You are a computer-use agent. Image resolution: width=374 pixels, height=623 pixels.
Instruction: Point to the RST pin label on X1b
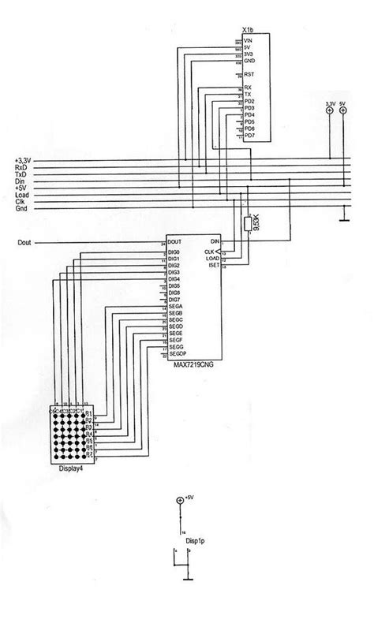pos(249,73)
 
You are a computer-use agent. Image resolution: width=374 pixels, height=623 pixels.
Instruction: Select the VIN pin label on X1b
pos(249,39)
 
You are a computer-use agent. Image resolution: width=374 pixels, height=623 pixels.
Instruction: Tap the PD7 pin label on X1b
pos(250,136)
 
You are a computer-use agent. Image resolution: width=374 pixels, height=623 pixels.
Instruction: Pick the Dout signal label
pos(24,242)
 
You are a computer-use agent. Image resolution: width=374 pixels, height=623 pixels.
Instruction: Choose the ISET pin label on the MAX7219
pos(214,267)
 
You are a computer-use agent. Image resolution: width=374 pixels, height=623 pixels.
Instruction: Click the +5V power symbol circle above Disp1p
pos(181,501)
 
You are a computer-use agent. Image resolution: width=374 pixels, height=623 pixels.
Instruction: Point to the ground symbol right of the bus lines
pos(343,215)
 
